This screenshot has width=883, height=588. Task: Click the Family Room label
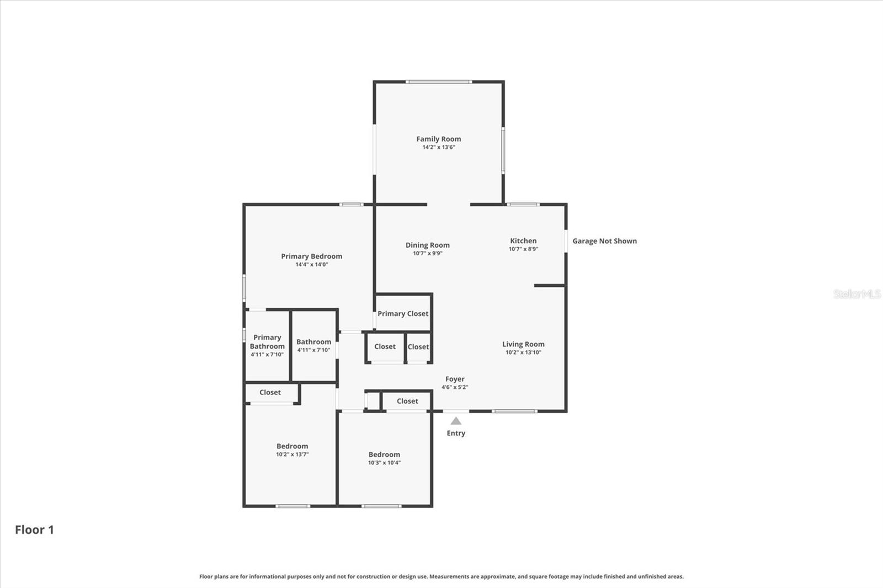(438, 139)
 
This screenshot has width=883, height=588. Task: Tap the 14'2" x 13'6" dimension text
(438, 147)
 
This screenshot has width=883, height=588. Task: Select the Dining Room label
(427, 245)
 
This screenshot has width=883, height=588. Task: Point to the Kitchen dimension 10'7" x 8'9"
(523, 249)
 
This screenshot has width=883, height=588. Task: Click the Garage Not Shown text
(604, 241)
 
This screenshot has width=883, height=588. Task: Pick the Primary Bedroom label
(311, 256)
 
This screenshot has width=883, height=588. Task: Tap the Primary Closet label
(403, 313)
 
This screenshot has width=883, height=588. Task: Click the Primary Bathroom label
(267, 341)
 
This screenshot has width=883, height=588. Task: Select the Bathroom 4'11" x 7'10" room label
(313, 342)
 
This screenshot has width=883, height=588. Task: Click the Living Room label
(523, 344)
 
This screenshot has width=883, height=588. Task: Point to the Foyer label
(455, 379)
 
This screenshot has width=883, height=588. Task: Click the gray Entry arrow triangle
(456, 421)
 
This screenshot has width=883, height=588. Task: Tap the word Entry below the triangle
(456, 433)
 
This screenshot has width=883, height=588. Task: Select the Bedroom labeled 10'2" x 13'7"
(292, 446)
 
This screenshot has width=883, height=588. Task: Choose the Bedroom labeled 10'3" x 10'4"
(384, 455)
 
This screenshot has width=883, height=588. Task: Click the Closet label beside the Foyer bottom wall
(407, 401)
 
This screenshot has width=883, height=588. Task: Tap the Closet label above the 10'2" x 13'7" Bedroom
(270, 392)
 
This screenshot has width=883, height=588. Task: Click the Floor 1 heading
(34, 530)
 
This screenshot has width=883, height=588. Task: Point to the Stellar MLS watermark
(857, 294)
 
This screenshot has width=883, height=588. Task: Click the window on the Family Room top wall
(439, 82)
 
